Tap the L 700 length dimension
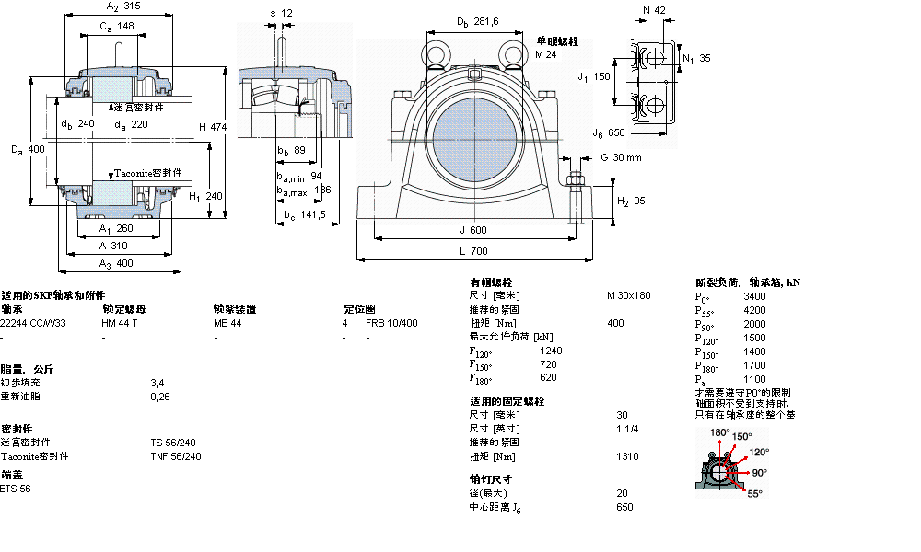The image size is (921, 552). pyautogui.click(x=472, y=250)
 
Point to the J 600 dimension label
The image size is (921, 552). pyautogui.click(x=472, y=231)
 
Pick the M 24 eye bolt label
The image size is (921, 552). pyautogui.click(x=547, y=54)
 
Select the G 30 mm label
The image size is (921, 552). pyautogui.click(x=621, y=157)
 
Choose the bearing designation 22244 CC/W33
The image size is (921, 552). pyautogui.click(x=33, y=323)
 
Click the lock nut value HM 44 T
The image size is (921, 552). pyautogui.click(x=120, y=323)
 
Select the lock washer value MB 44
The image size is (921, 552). pyautogui.click(x=227, y=323)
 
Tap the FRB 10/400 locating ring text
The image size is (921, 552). pyautogui.click(x=391, y=323)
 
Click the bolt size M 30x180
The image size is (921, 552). pyautogui.click(x=628, y=295)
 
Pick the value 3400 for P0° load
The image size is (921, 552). pyautogui.click(x=754, y=296)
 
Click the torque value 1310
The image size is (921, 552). pyautogui.click(x=628, y=455)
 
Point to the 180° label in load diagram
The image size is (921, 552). pyautogui.click(x=719, y=432)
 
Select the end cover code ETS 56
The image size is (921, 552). pyautogui.click(x=16, y=489)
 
